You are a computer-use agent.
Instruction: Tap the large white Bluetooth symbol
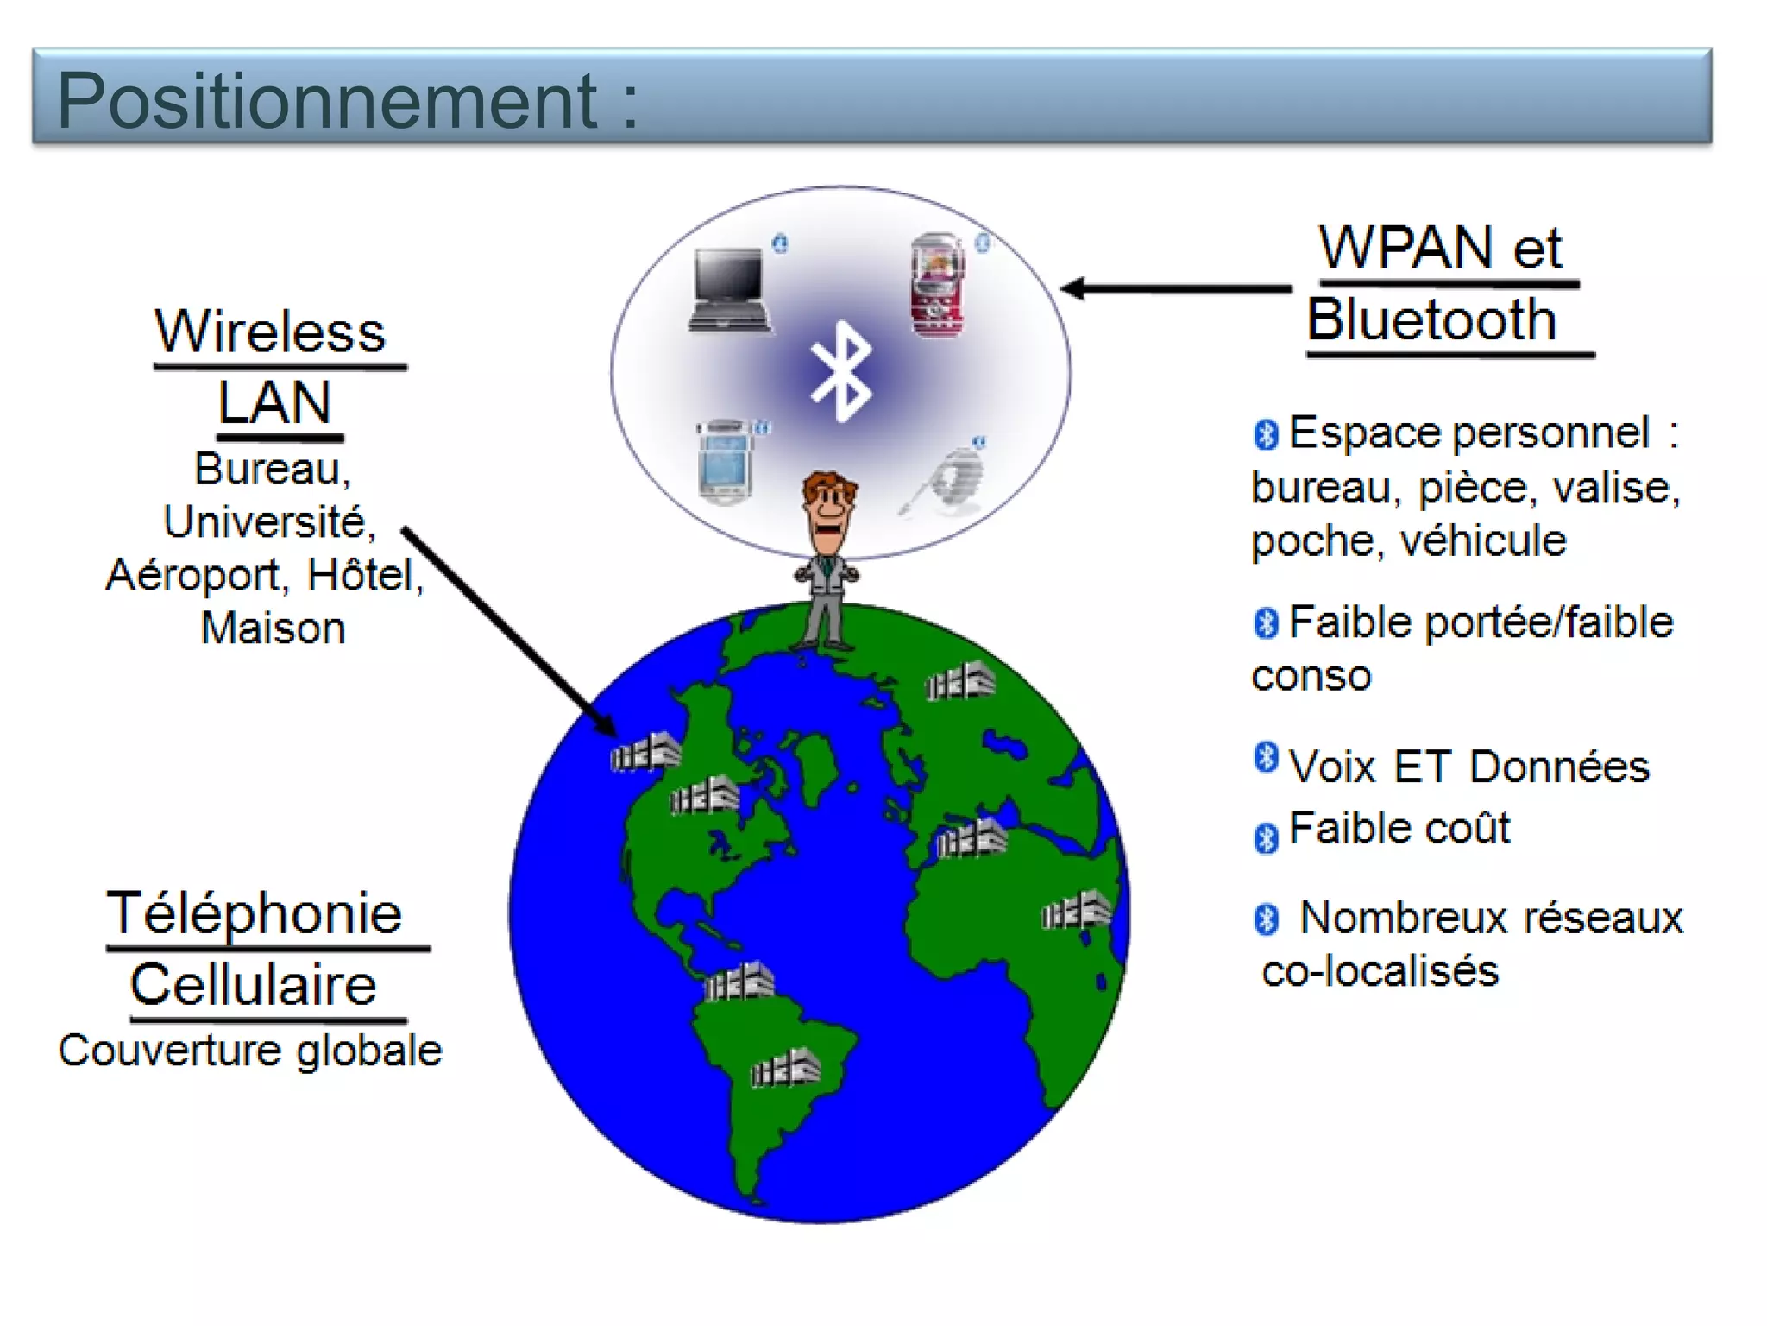pyautogui.click(x=841, y=371)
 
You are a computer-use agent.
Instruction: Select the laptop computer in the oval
pyautogui.click(x=729, y=289)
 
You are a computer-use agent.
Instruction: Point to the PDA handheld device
pyautogui.click(x=725, y=462)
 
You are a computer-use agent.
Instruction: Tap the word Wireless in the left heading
pyautogui.click(x=270, y=331)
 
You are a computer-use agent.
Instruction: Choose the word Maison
pyautogui.click(x=273, y=628)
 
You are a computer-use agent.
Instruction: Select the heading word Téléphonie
pyautogui.click(x=254, y=913)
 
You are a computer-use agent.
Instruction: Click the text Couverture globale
pyautogui.click(x=250, y=1051)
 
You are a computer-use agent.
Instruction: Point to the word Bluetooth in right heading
pyautogui.click(x=1432, y=319)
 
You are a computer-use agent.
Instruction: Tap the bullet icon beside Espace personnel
pyautogui.click(x=1266, y=434)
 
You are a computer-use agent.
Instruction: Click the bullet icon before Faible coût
pyautogui.click(x=1266, y=837)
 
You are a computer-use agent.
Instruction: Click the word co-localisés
pyautogui.click(x=1380, y=971)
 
